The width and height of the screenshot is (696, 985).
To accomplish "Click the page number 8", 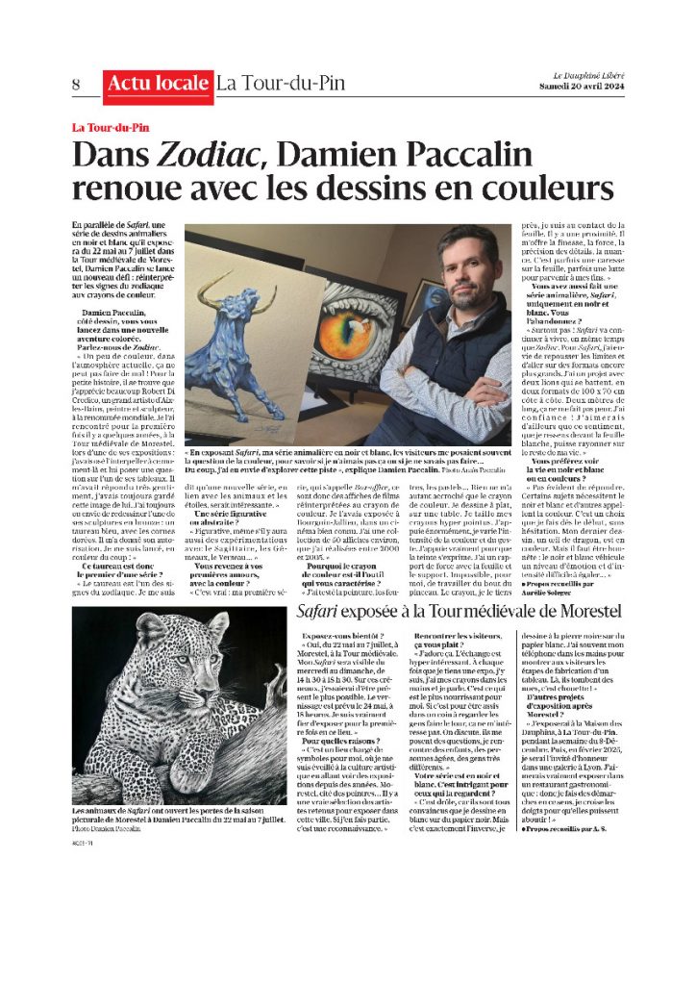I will tap(76, 84).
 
